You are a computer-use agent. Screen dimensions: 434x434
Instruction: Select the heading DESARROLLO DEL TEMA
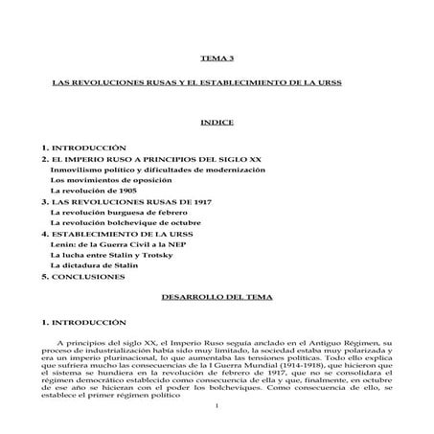[217, 299]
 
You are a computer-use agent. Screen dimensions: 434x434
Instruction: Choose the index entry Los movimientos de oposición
[111, 180]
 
